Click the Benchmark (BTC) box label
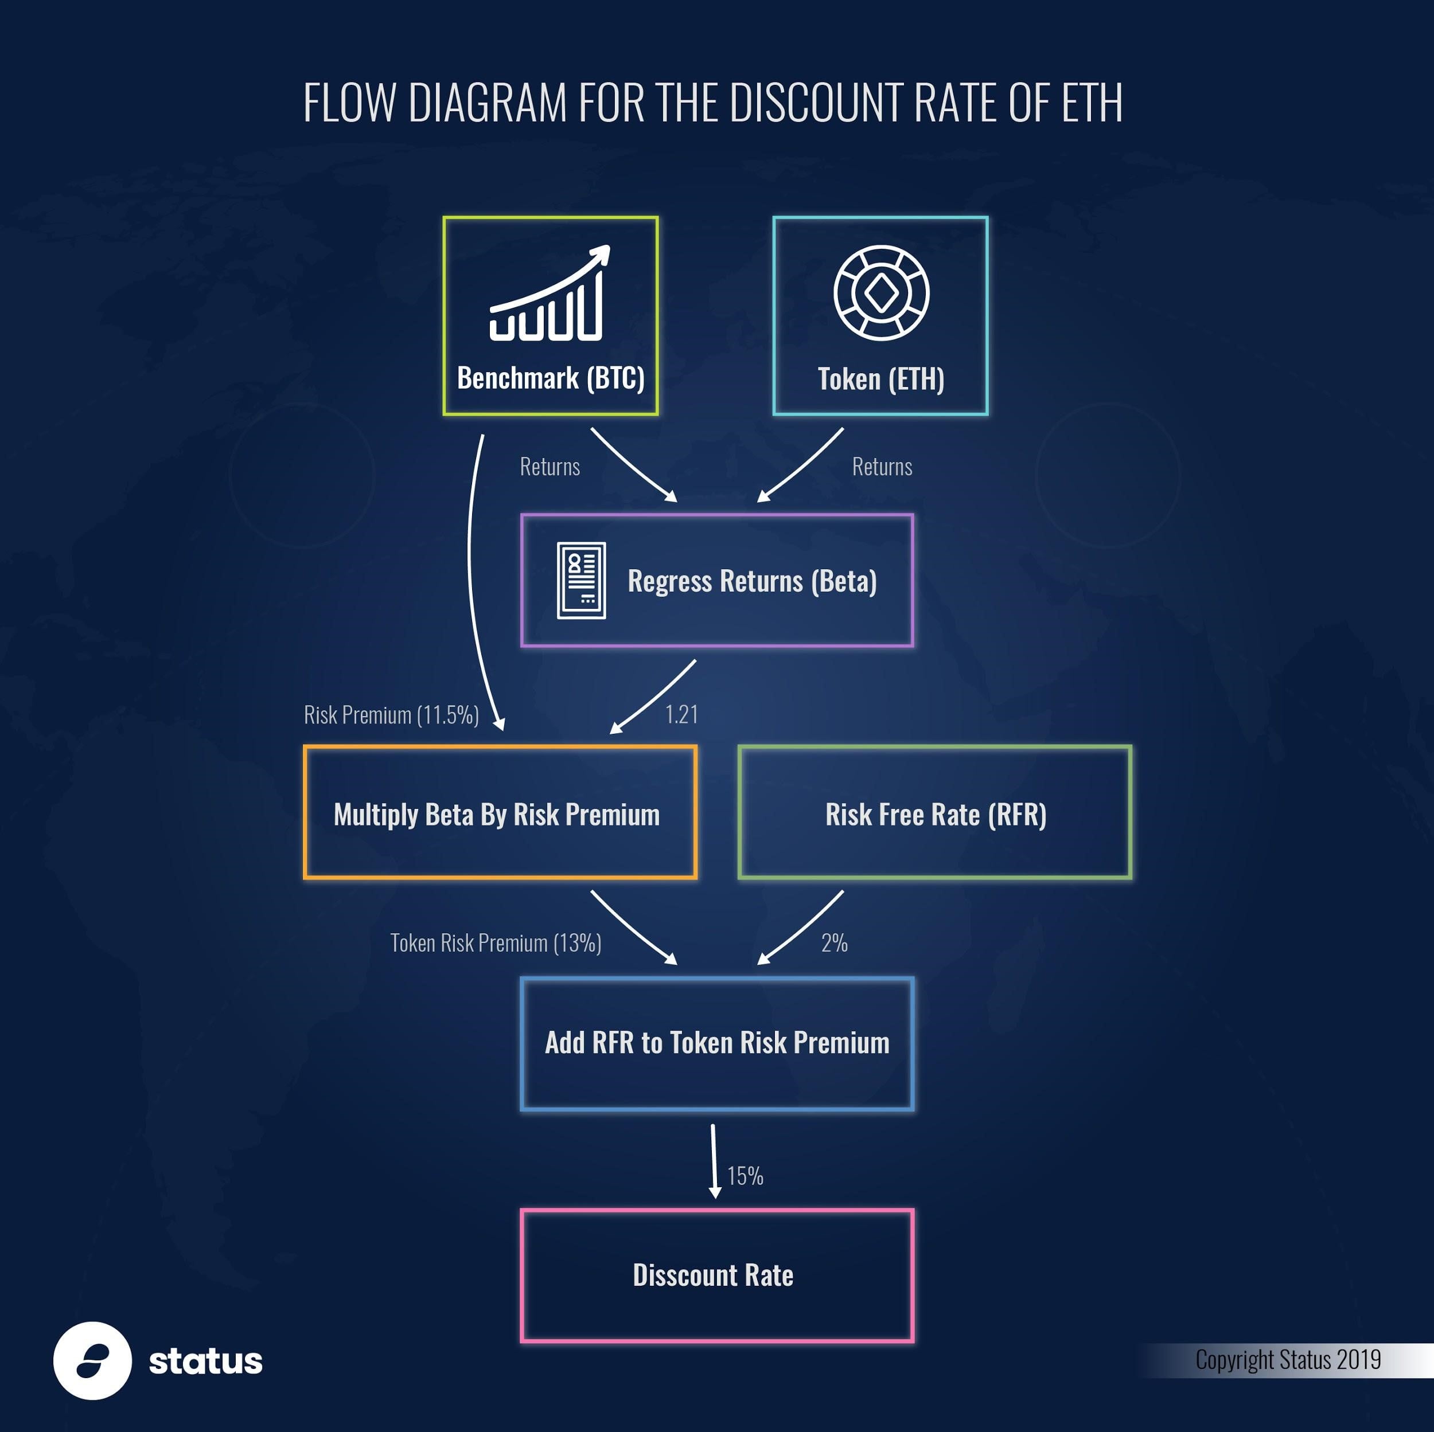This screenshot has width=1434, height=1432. click(550, 378)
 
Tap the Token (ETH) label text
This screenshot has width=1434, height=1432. click(880, 379)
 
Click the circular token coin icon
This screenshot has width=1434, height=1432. click(881, 293)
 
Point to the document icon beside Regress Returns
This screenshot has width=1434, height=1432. click(581, 580)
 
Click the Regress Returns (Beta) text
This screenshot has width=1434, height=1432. click(752, 581)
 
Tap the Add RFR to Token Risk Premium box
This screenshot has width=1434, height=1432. click(717, 1043)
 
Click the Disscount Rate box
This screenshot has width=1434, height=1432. click(717, 1276)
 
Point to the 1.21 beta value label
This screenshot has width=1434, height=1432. click(681, 714)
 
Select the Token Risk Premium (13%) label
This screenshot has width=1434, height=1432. click(496, 943)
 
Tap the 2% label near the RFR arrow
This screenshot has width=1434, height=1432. click(833, 943)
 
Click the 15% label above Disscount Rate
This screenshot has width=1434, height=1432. click(745, 1176)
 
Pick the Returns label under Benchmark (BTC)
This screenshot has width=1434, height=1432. click(550, 467)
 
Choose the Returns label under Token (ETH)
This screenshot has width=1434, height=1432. click(882, 467)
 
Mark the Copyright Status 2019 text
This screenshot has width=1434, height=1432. click(1288, 1360)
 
